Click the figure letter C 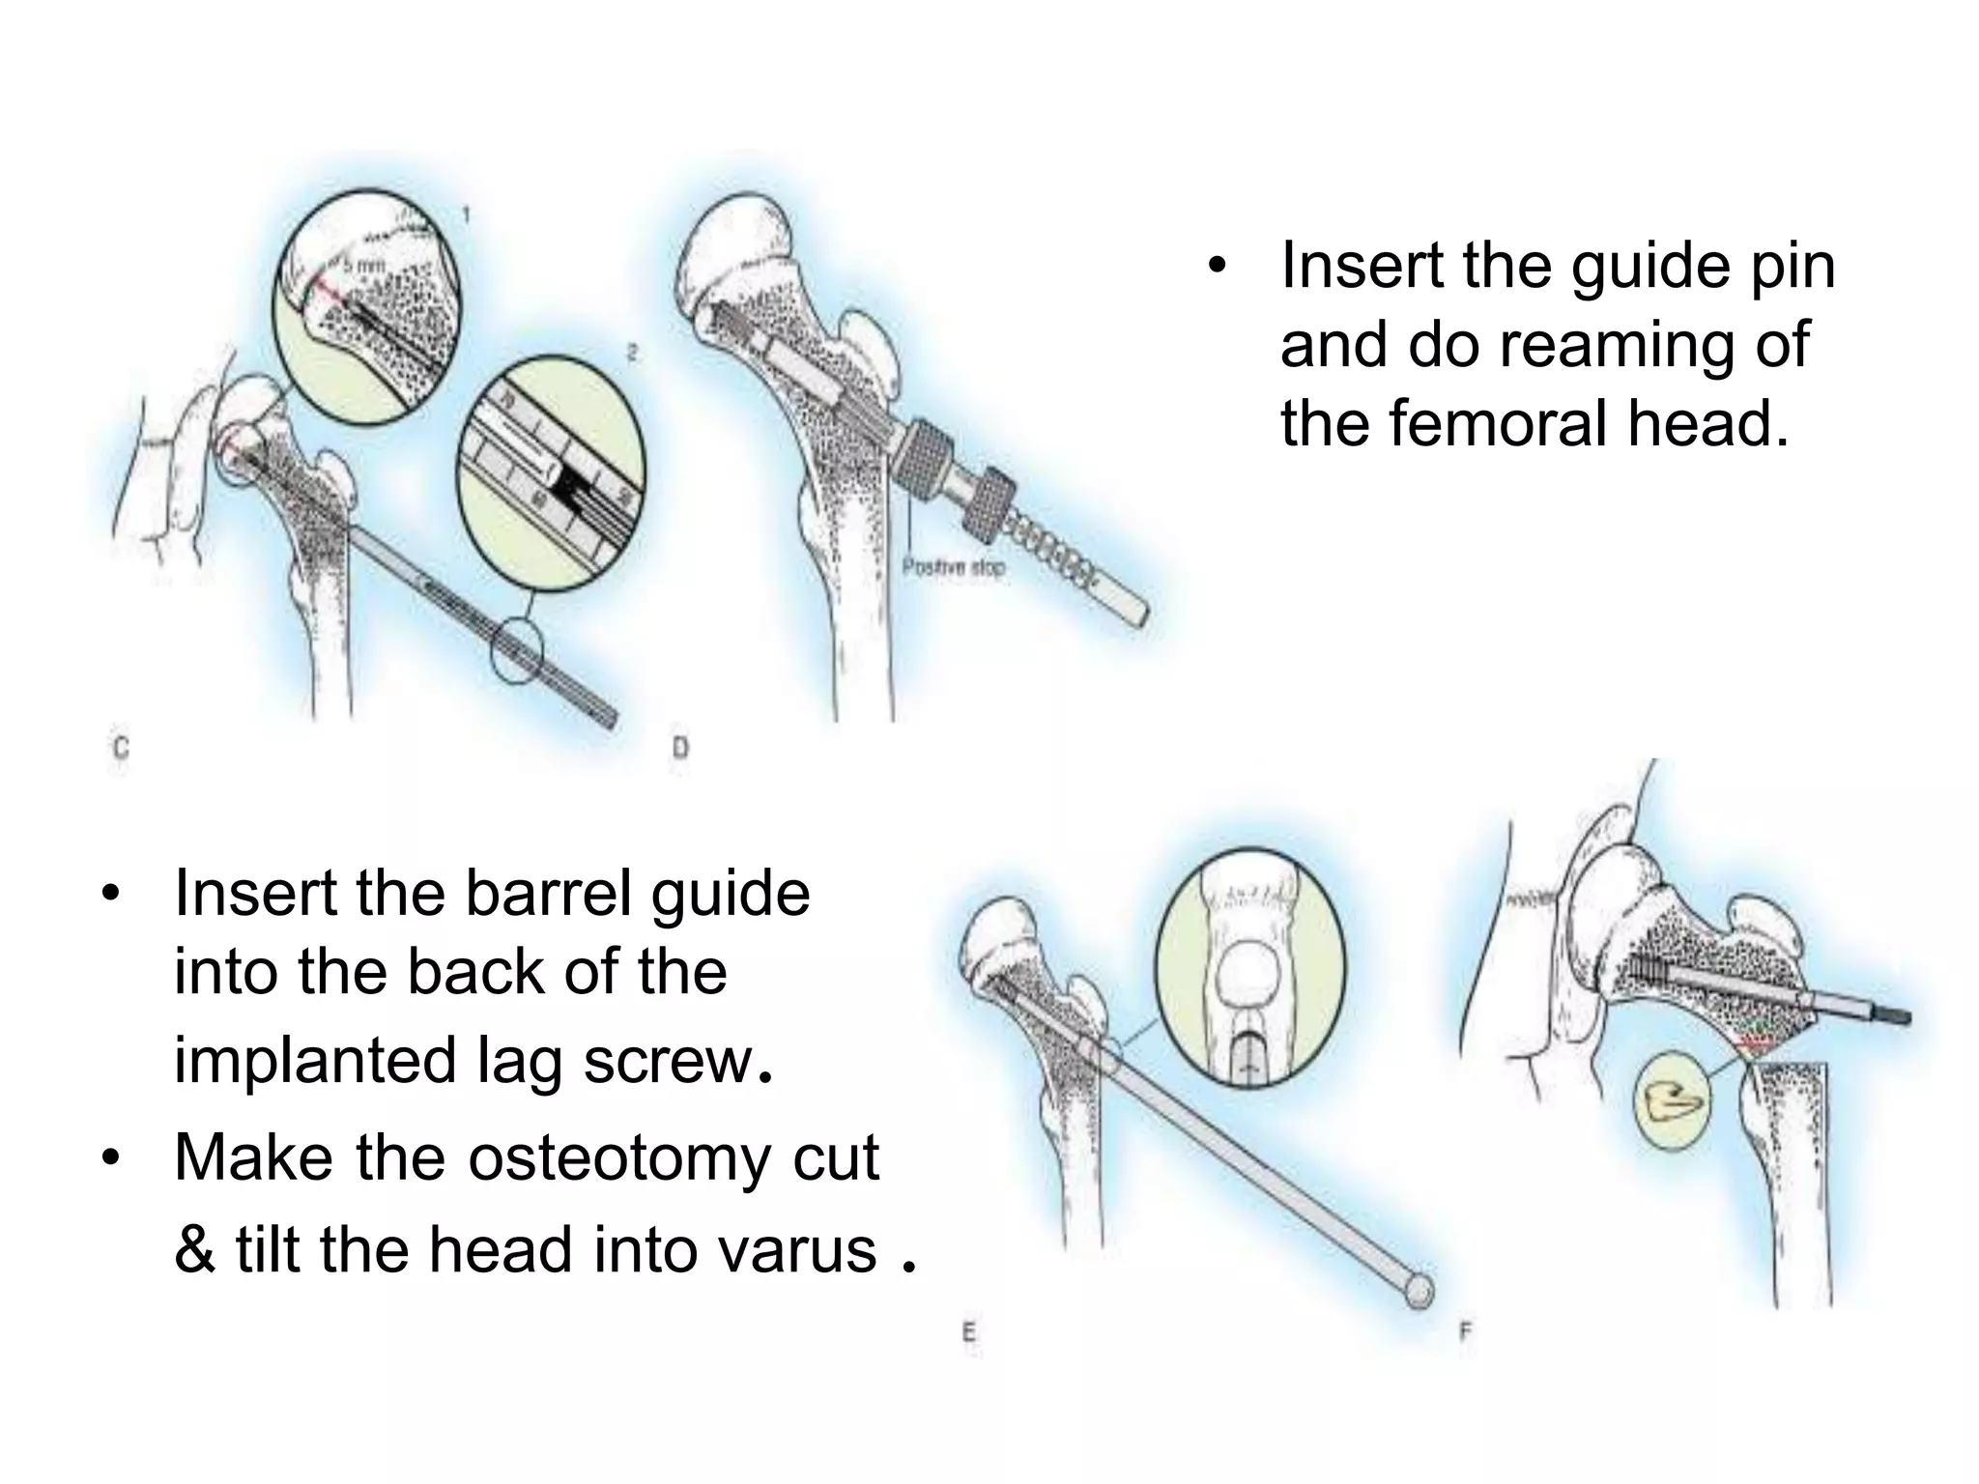[121, 748]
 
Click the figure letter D [680, 748]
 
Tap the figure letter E [968, 1332]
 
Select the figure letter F [1465, 1332]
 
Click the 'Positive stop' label [953, 567]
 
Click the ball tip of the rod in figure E [1419, 1291]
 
